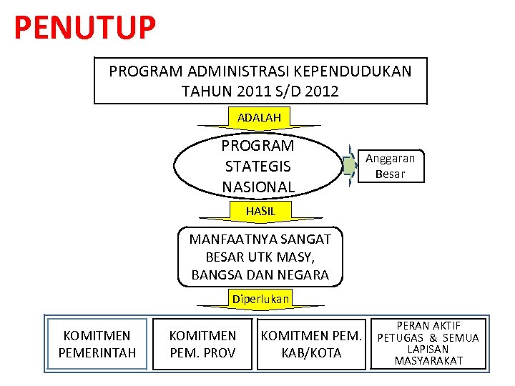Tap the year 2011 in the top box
(x=247, y=91)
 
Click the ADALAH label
(x=259, y=117)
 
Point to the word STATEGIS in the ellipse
(x=257, y=167)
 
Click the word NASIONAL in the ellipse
(x=257, y=187)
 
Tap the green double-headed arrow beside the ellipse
(x=348, y=165)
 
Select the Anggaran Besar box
(x=390, y=166)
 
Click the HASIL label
(x=260, y=211)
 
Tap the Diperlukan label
(x=260, y=299)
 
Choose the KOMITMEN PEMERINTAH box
(x=97, y=344)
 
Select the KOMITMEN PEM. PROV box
(x=202, y=344)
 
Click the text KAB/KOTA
(x=311, y=353)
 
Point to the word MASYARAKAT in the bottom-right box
(x=428, y=361)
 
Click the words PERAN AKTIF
(x=428, y=326)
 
